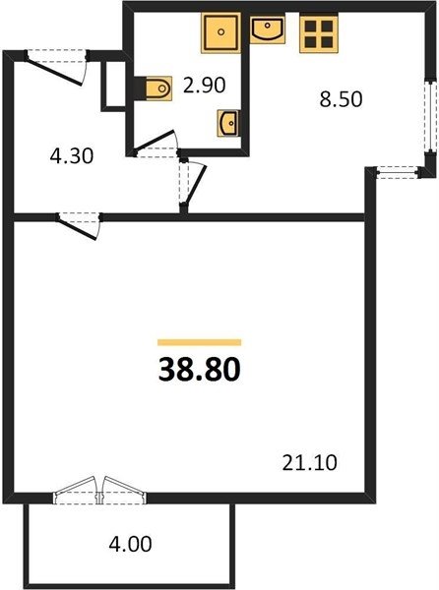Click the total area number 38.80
point(199,369)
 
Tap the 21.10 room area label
point(309,462)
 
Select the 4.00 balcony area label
point(130,544)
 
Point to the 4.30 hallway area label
point(72,155)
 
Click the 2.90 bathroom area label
point(204,85)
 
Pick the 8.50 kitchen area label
point(341,99)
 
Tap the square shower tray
point(221,32)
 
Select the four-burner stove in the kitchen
point(319,33)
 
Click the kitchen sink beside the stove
point(268,29)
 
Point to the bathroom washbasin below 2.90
point(228,123)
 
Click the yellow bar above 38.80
point(199,342)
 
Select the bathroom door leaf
point(156,140)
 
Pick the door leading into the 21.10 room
point(77,228)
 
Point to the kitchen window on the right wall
point(429,115)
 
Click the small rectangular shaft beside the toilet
point(113,86)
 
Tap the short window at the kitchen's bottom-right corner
point(398,173)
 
